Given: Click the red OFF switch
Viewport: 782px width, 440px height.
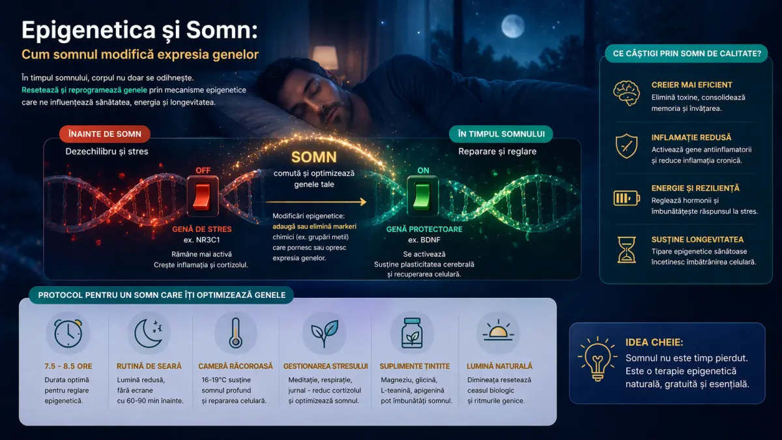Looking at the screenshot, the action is [203, 197].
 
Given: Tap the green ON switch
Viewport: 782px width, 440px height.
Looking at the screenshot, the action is [422, 197].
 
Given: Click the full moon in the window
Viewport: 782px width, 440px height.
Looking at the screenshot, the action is [513, 26].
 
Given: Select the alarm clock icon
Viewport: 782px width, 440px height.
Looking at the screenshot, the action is [68, 333].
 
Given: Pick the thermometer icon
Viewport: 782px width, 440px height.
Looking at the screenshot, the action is [236, 333].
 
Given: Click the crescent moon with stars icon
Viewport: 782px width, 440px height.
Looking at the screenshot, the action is [149, 334].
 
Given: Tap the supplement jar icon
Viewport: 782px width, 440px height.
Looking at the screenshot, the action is [412, 333].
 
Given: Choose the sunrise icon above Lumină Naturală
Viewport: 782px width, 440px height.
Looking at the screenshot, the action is [498, 330].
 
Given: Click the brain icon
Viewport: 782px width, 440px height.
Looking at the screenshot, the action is [626, 93].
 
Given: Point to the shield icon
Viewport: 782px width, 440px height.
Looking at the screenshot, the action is [626, 146].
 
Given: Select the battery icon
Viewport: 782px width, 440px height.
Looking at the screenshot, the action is [627, 198].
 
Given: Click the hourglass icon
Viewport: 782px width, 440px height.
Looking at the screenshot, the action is [626, 250].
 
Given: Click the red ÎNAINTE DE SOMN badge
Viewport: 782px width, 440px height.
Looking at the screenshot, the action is [105, 134].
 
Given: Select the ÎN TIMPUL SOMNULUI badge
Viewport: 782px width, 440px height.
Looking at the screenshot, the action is [501, 134].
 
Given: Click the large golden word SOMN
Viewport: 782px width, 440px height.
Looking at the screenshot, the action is [314, 157].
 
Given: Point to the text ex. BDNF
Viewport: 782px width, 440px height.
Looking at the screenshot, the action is [424, 240].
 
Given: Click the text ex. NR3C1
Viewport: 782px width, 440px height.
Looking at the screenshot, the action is [202, 240].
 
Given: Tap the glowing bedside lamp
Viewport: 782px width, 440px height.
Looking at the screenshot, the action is [325, 57].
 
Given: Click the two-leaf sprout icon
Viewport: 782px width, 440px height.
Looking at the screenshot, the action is [325, 334].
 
